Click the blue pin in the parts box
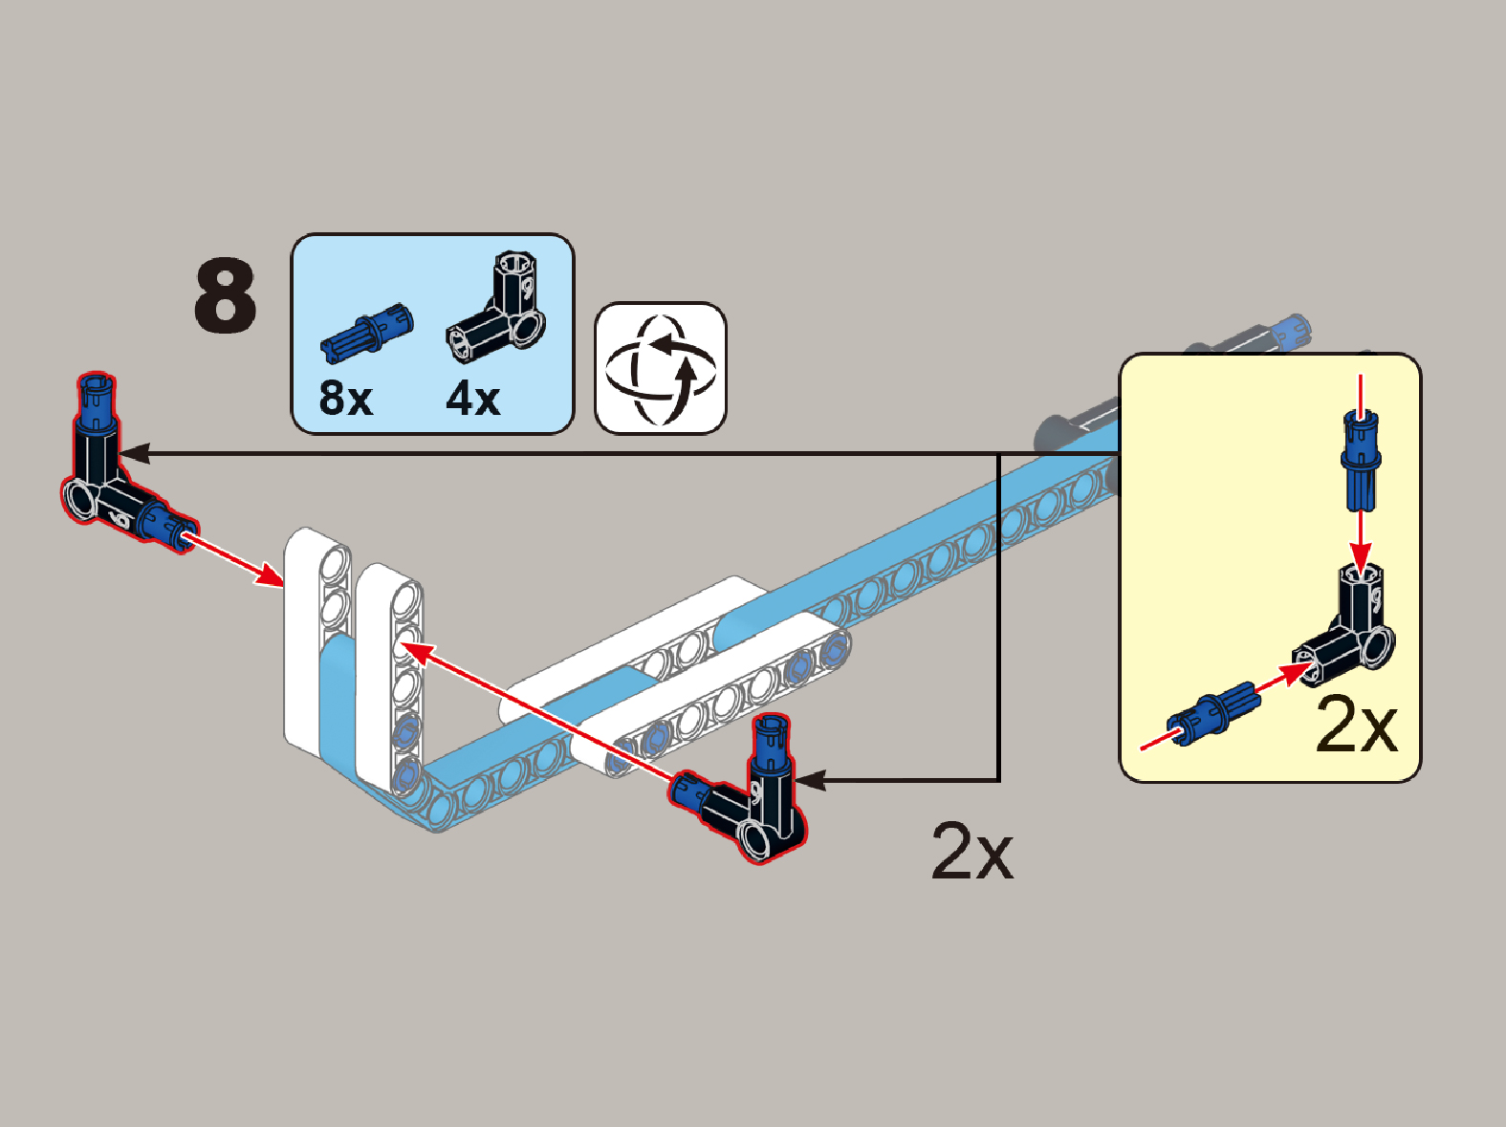(x=367, y=332)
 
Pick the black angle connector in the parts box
(x=496, y=307)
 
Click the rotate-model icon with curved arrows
(x=660, y=368)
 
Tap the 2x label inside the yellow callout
(x=1357, y=725)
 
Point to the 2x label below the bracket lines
(x=972, y=852)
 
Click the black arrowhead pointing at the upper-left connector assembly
(x=135, y=453)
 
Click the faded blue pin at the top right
(x=1290, y=332)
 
